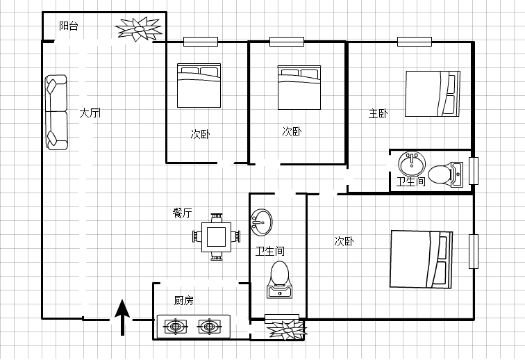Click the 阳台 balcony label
pos(69,26)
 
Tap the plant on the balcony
pos(138,28)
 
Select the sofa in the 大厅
pos(56,113)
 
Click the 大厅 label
pos(90,113)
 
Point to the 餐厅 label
pos(182,213)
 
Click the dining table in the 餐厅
pos(216,237)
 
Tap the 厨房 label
pos(183,300)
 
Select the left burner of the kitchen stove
pos(176,326)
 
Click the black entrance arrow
pos(122,317)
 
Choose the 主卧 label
pos(378,114)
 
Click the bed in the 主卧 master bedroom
pos(432,94)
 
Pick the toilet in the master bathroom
pos(446,174)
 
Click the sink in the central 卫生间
pos(262,222)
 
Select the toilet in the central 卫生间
pos(280,279)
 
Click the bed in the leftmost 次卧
pos(199,85)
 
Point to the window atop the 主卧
pos(415,42)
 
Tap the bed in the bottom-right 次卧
pos(422,259)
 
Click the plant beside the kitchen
pos(288,330)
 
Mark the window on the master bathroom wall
pos(474,171)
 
